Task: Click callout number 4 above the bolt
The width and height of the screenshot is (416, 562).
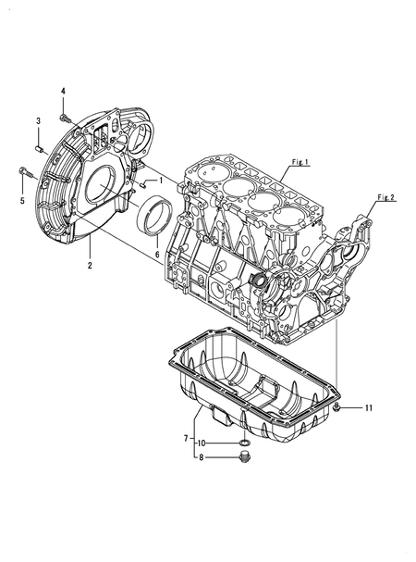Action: (x=64, y=90)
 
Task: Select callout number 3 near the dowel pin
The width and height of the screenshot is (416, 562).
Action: (x=38, y=121)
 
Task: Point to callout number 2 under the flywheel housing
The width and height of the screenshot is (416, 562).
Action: (x=90, y=266)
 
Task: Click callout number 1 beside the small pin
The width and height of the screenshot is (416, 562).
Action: (x=160, y=180)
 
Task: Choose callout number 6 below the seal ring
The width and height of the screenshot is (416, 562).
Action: (x=157, y=254)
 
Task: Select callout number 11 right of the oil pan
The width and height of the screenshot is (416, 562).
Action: (x=367, y=407)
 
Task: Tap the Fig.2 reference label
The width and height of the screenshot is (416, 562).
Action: (x=386, y=198)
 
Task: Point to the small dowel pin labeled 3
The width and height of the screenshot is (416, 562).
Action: (x=38, y=144)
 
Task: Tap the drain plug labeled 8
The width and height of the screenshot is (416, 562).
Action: (x=243, y=456)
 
